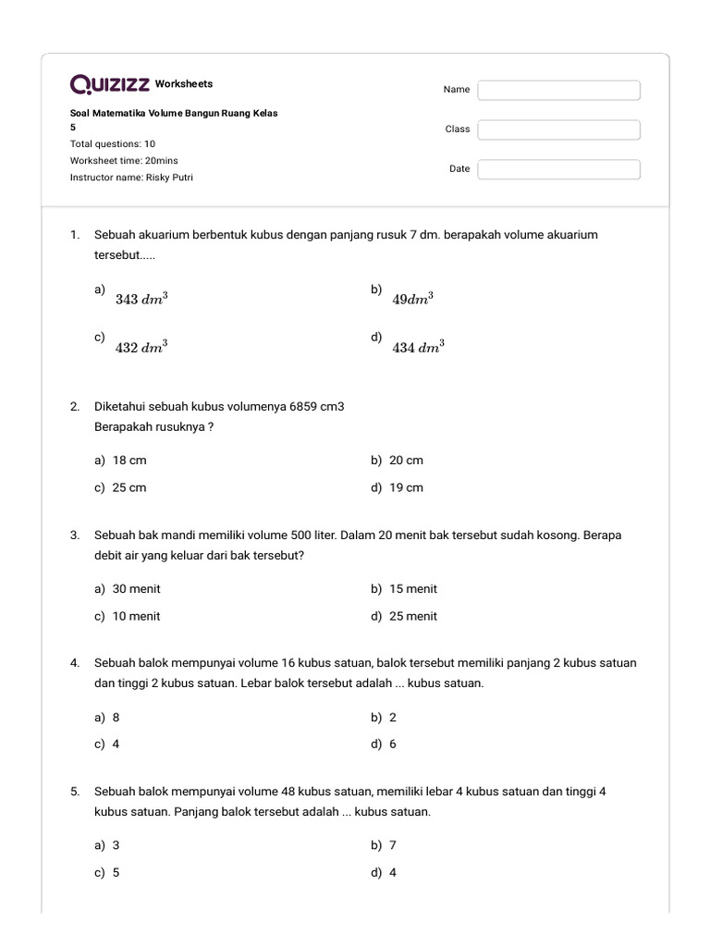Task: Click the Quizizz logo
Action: click(x=110, y=84)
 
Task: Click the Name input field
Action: click(x=558, y=90)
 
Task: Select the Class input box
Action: click(x=558, y=129)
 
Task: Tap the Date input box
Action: click(x=558, y=169)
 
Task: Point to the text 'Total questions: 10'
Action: click(x=113, y=144)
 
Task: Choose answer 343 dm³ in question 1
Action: click(x=141, y=299)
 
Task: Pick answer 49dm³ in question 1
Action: click(x=413, y=299)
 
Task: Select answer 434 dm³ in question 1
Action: click(x=418, y=348)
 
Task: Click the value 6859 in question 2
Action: click(x=303, y=407)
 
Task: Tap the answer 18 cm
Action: click(x=129, y=460)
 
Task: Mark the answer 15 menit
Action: click(x=413, y=588)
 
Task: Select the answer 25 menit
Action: click(x=413, y=616)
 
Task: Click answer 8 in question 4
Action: click(x=116, y=717)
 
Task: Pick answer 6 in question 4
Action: click(x=393, y=744)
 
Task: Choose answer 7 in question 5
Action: click(x=393, y=845)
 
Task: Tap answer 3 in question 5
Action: click(x=116, y=845)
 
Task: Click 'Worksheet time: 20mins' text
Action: click(x=124, y=161)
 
